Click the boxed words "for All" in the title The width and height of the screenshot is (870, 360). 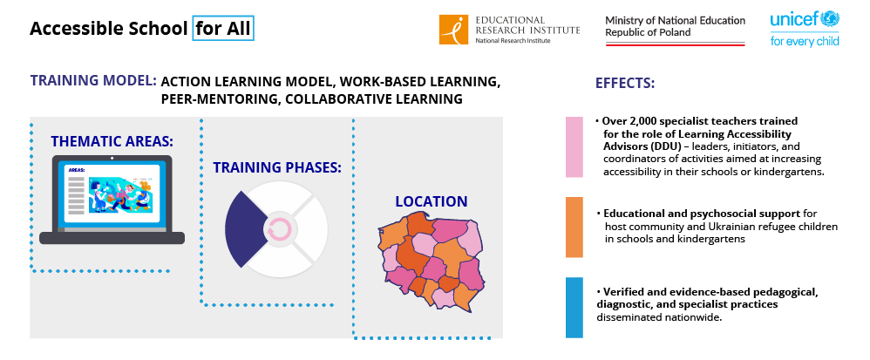(x=223, y=29)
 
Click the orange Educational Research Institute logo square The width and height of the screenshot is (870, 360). (x=454, y=30)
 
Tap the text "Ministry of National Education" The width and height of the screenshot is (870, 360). (x=676, y=21)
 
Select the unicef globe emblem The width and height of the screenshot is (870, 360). (x=831, y=19)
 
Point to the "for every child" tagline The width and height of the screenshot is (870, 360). (x=805, y=40)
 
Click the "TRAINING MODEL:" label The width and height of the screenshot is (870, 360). (x=93, y=80)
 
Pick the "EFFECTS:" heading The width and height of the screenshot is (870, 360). (x=625, y=84)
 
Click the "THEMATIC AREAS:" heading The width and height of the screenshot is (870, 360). (x=112, y=141)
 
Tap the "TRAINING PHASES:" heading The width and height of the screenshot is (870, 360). (x=277, y=167)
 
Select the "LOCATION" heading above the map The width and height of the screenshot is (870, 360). (x=432, y=201)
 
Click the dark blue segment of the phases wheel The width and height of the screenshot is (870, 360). (x=244, y=228)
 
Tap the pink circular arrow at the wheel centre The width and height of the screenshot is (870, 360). (x=279, y=228)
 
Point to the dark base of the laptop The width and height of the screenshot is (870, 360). (x=112, y=238)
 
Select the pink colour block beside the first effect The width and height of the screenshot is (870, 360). (x=574, y=147)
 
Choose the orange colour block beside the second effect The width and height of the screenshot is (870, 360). (x=574, y=227)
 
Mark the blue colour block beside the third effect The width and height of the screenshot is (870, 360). (x=574, y=308)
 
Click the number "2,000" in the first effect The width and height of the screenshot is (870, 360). (x=637, y=121)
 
